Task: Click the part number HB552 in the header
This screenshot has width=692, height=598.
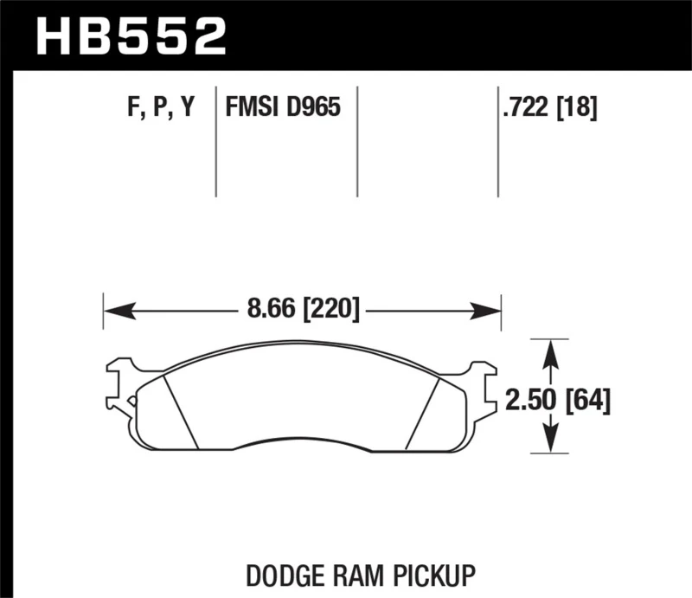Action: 131,36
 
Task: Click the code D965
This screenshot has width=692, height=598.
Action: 312,108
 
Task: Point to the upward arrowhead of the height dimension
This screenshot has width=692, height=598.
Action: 548,348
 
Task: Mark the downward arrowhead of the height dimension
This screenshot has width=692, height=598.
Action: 548,443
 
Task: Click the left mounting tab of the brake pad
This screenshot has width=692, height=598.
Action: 119,385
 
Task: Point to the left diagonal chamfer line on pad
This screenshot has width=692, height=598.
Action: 181,413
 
